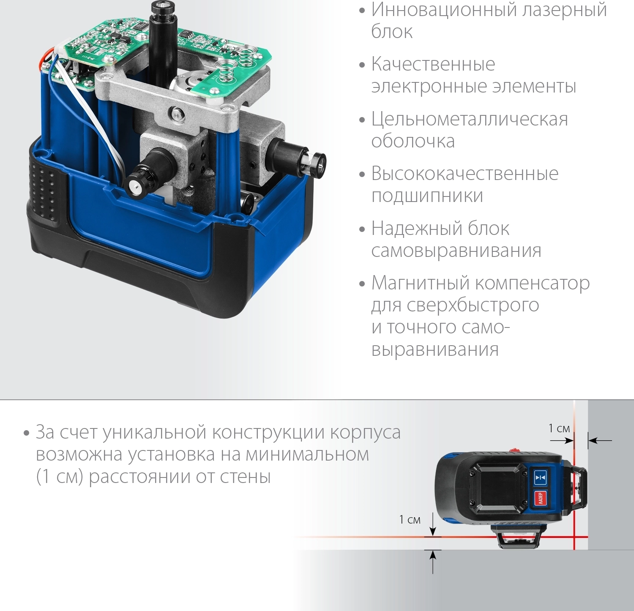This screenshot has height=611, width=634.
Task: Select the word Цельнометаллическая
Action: click(470, 120)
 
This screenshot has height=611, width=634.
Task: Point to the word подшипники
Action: click(427, 196)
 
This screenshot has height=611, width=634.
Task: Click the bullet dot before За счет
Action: click(27, 434)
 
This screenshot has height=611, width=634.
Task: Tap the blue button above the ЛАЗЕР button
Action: click(540, 477)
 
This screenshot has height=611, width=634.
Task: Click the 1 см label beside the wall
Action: click(559, 428)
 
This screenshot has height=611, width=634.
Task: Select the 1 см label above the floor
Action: click(410, 520)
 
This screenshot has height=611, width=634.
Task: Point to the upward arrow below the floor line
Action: click(433, 562)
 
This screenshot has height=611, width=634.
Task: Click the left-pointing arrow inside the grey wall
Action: click(600, 441)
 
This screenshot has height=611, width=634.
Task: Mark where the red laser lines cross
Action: click(574, 537)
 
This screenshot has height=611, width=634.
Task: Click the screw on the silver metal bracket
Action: click(175, 113)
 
